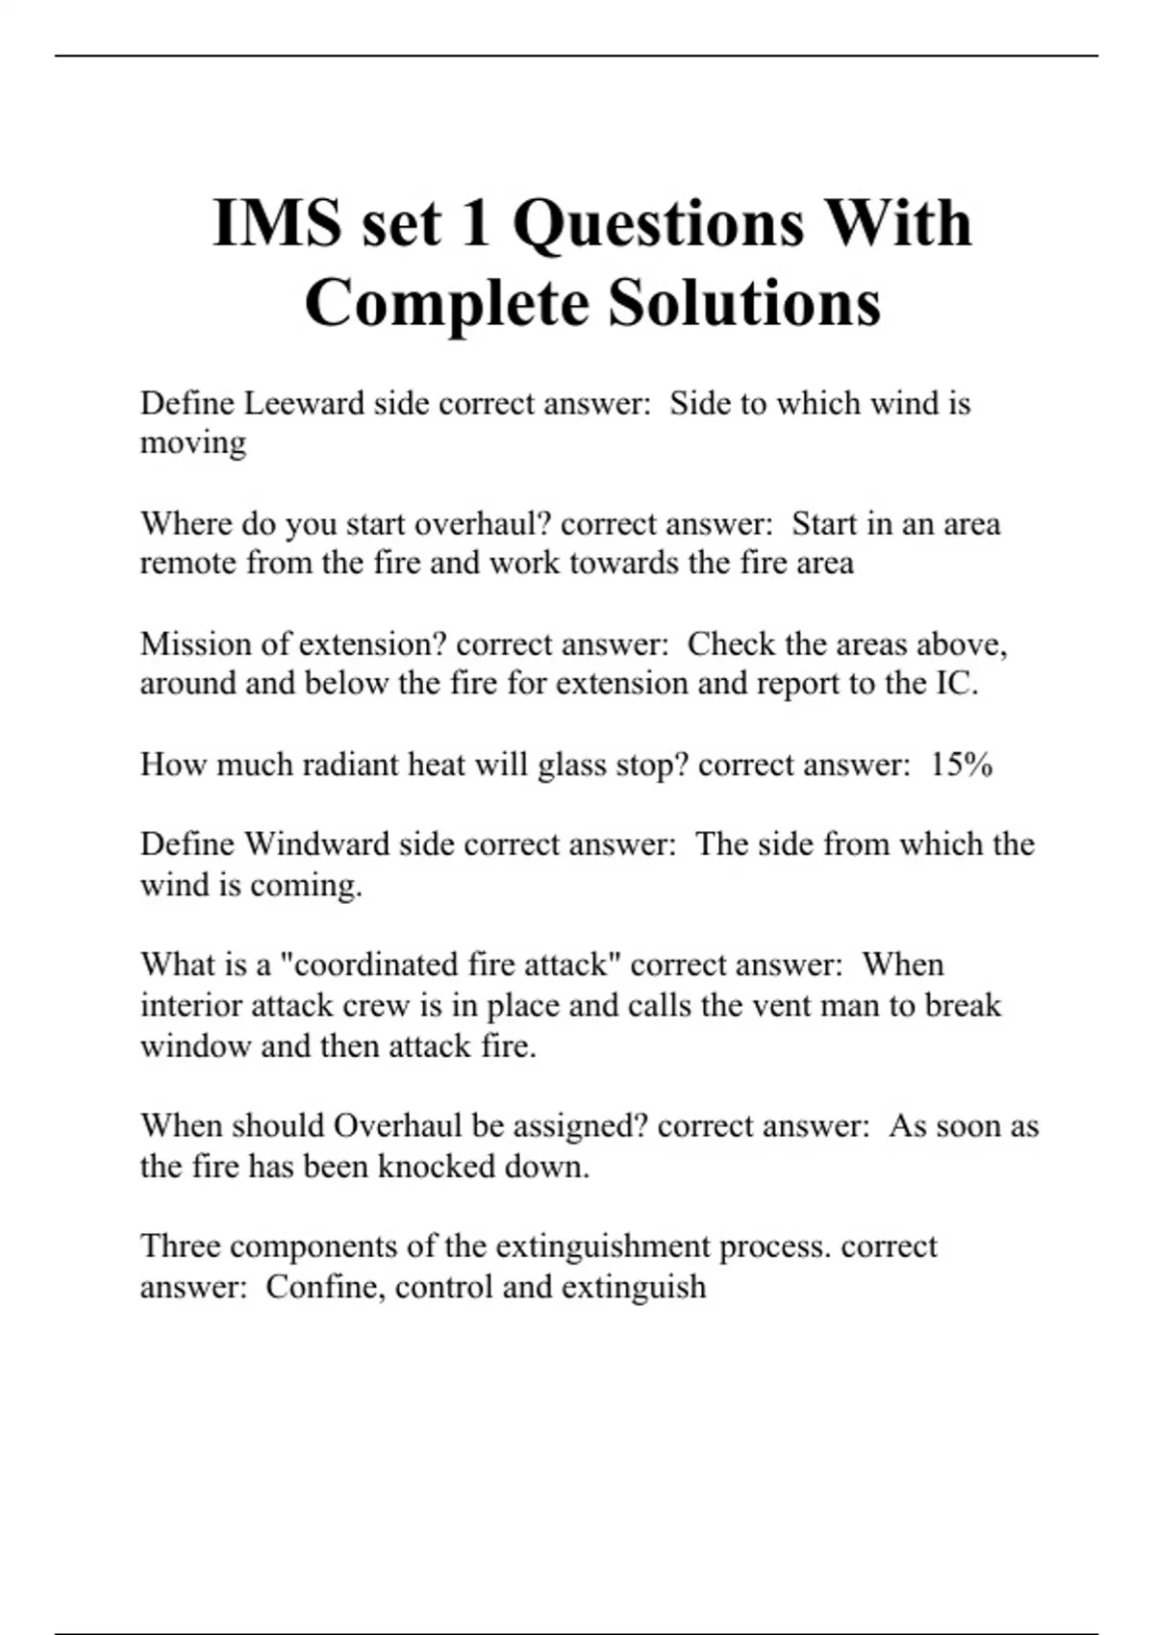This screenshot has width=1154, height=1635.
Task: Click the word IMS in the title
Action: click(277, 223)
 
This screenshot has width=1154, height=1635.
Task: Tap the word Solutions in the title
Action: click(744, 303)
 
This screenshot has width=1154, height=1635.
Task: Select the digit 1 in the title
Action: click(475, 223)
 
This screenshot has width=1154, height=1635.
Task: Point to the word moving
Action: click(193, 443)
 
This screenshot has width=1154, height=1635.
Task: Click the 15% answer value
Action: click(961, 765)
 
